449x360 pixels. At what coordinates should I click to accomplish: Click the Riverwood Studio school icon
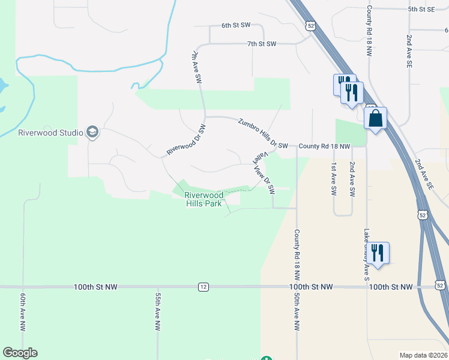(x=92, y=132)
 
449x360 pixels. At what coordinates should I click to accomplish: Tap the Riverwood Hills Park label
(x=204, y=199)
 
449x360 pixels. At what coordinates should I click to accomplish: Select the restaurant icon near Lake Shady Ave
(x=377, y=252)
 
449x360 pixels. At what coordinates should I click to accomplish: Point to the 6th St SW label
(x=235, y=25)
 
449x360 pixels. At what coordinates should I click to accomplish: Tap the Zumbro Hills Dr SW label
(x=263, y=133)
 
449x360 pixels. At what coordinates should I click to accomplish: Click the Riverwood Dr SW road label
(x=186, y=140)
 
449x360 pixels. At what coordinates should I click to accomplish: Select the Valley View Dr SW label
(x=264, y=173)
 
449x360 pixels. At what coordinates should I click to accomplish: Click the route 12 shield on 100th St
(x=203, y=287)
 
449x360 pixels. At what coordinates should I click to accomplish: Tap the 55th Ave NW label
(x=157, y=312)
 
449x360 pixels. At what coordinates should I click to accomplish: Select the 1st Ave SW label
(x=334, y=179)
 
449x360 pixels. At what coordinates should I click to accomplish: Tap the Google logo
(x=20, y=353)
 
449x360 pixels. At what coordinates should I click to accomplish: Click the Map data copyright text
(x=423, y=355)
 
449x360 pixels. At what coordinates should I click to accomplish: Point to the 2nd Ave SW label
(x=352, y=179)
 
